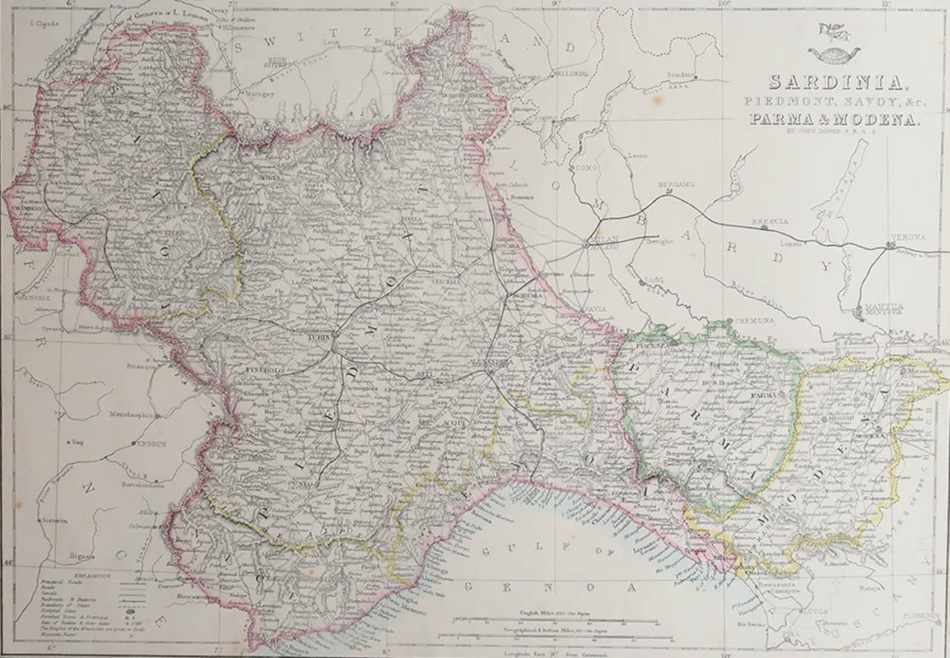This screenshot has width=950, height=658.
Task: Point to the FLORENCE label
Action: pos(920,615)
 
